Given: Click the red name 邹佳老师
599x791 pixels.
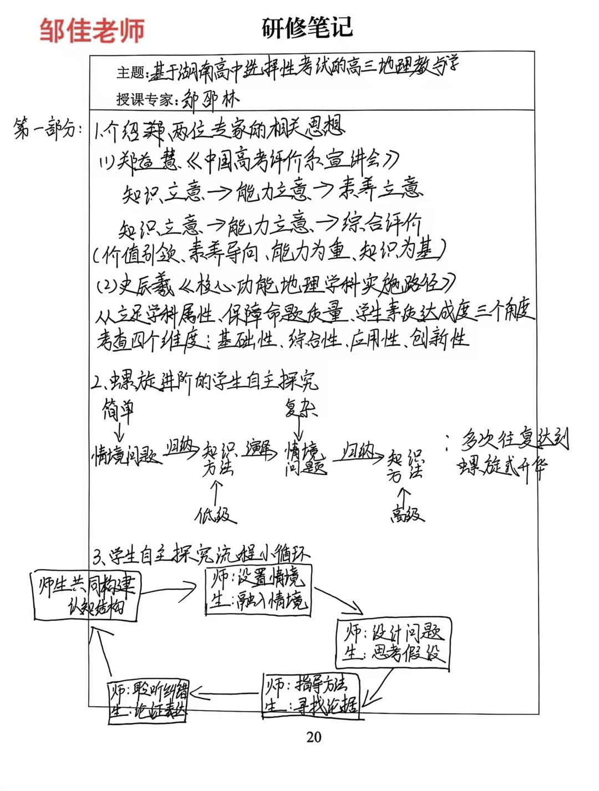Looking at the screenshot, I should point(92,30).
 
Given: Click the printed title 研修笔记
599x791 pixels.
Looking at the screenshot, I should point(307,27).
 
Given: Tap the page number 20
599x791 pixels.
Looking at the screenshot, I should point(314,737).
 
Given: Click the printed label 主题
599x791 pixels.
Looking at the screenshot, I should point(131,72).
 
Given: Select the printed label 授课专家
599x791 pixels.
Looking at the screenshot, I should point(146,99).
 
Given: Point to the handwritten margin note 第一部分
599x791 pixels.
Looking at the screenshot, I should point(48,130).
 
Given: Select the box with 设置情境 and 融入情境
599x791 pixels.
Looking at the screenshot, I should point(258,590).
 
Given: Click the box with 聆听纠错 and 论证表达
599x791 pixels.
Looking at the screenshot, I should point(148,701).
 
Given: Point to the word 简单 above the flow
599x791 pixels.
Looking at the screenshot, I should point(118,410).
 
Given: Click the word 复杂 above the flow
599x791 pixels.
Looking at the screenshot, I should point(300,408).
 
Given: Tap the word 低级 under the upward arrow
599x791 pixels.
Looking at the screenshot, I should point(215,516).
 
